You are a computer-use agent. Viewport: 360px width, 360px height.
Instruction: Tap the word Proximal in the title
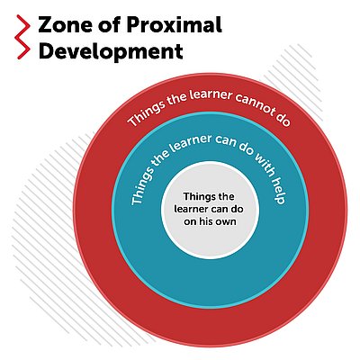[174, 24]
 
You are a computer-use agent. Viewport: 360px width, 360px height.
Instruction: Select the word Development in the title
[111, 50]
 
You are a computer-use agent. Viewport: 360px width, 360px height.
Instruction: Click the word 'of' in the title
[110, 24]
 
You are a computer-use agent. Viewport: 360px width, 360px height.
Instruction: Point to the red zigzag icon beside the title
[23, 37]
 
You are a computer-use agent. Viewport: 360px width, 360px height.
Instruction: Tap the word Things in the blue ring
[142, 188]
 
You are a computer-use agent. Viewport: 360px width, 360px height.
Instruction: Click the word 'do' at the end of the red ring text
[283, 121]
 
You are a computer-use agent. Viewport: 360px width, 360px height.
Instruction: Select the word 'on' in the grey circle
[190, 222]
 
